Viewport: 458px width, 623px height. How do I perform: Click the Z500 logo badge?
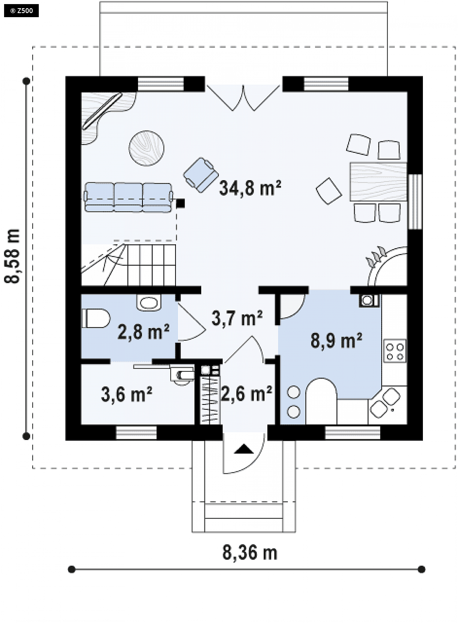[x=21, y=11]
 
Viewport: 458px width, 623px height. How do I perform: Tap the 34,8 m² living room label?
[x=250, y=188]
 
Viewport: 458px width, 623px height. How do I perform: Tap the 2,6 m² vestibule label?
[x=246, y=393]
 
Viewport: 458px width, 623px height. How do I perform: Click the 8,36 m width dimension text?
[x=250, y=553]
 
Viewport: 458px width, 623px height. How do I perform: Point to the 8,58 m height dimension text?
[x=13, y=256]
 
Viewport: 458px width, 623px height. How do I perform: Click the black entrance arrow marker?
[x=244, y=449]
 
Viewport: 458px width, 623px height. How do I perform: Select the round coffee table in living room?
[x=147, y=148]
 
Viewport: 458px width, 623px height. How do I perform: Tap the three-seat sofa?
[x=129, y=197]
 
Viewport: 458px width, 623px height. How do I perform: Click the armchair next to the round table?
[x=201, y=175]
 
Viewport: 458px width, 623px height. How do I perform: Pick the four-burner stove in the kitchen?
[x=395, y=351]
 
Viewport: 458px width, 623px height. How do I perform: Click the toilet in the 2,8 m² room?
[x=96, y=318]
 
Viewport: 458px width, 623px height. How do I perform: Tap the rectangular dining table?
[x=378, y=182]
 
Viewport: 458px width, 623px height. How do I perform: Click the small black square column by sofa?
[x=181, y=203]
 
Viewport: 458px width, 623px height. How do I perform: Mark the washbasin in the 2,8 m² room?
[x=149, y=303]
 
